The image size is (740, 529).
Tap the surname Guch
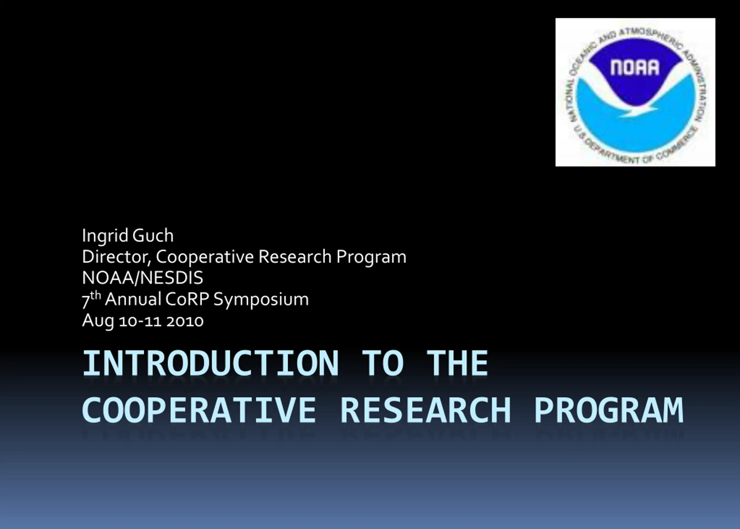(x=153, y=235)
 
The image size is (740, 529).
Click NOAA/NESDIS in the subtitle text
(x=143, y=278)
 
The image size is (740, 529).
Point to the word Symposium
(x=261, y=300)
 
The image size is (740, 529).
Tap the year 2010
(x=185, y=321)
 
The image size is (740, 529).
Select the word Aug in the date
(x=98, y=321)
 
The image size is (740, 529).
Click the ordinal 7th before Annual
(x=91, y=300)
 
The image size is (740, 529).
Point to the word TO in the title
(x=383, y=363)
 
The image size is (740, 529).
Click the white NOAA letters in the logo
(x=634, y=67)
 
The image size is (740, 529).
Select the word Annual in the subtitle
(x=133, y=299)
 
